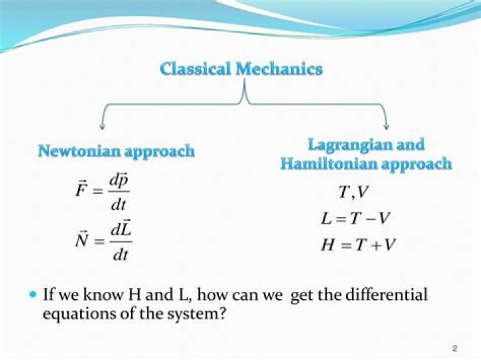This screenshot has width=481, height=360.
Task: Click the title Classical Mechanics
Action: pos(241,69)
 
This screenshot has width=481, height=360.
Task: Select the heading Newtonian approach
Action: pos(116,151)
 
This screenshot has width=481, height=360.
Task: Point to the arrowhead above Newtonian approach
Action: pos(102,125)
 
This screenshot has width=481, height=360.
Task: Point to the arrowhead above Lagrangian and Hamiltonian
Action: pos(387,125)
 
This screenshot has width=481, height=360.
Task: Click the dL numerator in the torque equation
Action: pos(120,229)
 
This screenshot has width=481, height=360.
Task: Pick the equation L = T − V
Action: pos(354,218)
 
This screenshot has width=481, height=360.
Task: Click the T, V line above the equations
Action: pos(353,192)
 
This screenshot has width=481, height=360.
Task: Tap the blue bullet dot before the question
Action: pos(33,294)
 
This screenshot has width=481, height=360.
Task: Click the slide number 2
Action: pos(454,349)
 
